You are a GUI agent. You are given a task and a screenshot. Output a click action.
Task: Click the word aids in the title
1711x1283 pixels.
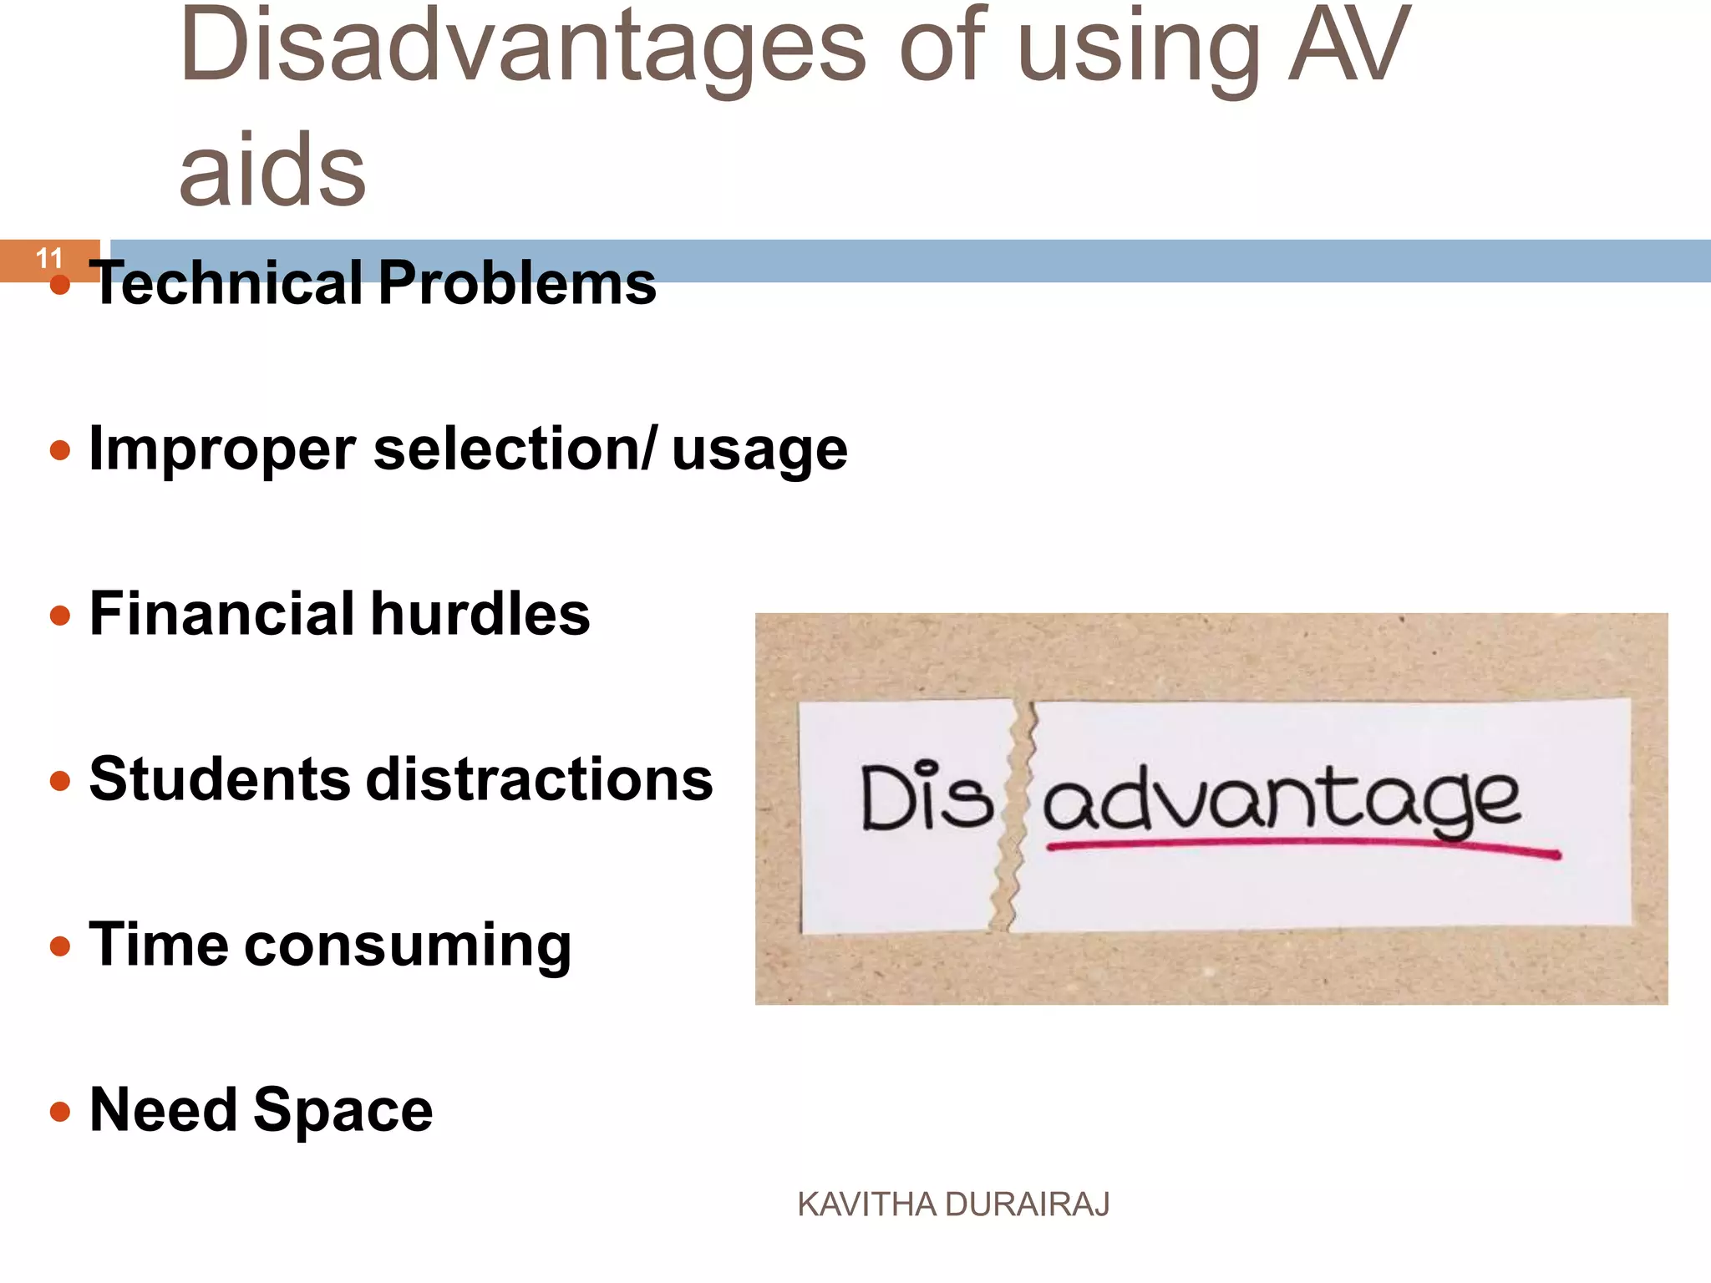(x=272, y=171)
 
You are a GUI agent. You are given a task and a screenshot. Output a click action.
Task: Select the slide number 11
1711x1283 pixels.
(x=49, y=258)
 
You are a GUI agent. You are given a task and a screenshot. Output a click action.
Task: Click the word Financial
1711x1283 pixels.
(x=221, y=614)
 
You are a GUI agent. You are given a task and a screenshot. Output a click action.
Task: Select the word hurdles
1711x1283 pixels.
(x=480, y=614)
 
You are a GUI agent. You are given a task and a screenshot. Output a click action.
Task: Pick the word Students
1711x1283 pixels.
(x=219, y=779)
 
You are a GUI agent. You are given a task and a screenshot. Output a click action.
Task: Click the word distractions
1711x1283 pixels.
(x=540, y=779)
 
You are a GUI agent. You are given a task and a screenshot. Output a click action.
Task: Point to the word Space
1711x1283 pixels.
(x=343, y=1111)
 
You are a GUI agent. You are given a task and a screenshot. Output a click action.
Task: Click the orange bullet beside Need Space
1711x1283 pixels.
(x=60, y=1111)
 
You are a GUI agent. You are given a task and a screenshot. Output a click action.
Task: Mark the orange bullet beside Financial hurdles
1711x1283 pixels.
(x=60, y=616)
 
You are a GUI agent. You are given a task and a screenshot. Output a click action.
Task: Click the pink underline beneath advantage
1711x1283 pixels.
(x=1303, y=846)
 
